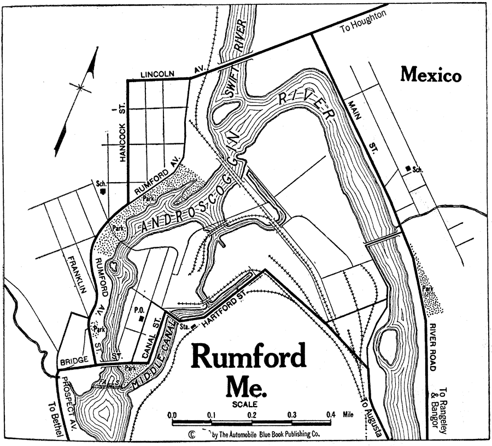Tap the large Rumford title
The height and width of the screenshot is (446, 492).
(248, 359)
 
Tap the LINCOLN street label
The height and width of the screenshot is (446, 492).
(157, 74)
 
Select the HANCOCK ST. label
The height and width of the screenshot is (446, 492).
(122, 134)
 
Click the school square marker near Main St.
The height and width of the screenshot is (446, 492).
(407, 167)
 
